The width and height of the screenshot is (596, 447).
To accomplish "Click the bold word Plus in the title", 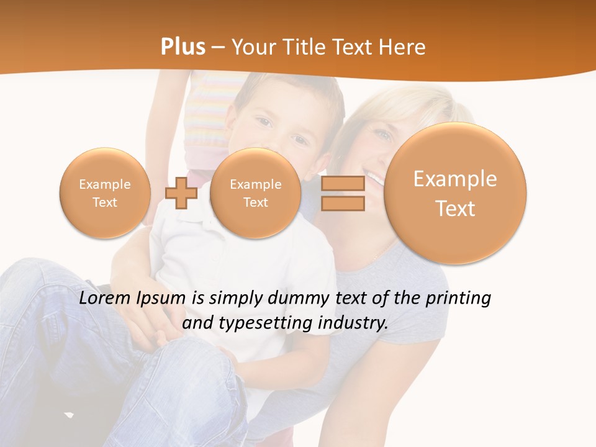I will [183, 47].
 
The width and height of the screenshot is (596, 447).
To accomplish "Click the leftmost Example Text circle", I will [105, 193].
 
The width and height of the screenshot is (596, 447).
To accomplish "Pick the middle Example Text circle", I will [255, 193].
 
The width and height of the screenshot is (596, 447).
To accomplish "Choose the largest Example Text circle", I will [455, 193].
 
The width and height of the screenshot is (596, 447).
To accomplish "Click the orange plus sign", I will [181, 193].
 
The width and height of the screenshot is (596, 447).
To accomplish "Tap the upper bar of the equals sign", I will [342, 184].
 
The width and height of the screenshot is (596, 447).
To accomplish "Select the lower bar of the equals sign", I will [342, 204].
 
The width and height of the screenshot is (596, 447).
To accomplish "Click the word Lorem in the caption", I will [104, 299].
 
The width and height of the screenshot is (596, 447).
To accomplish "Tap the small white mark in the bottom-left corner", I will [69, 415].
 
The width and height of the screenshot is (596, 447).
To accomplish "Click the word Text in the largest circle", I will [455, 209].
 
